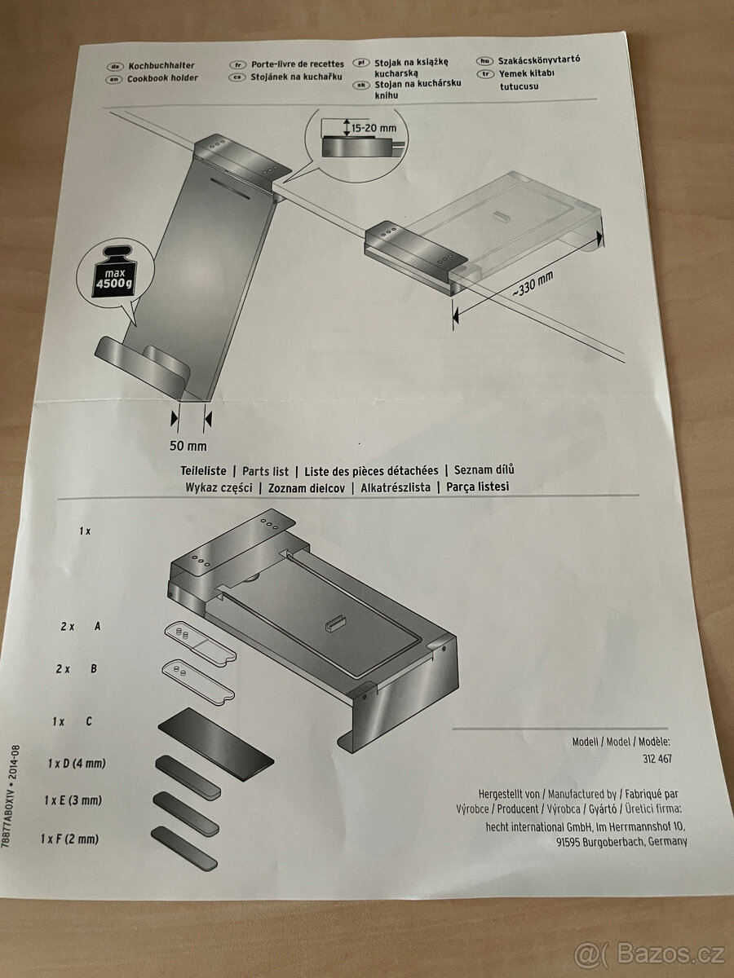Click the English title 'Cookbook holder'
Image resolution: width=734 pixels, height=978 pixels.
[162, 79]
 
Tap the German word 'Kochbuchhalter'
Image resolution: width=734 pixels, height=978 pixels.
[161, 65]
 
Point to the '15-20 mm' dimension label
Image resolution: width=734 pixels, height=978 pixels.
[374, 128]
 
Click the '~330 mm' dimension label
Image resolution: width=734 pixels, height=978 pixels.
[533, 284]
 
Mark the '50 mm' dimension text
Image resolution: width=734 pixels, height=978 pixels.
[188, 446]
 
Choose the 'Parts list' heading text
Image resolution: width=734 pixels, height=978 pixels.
[265, 471]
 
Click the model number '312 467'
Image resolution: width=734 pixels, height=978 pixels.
[657, 758]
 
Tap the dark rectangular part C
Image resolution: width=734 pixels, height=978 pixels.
[215, 745]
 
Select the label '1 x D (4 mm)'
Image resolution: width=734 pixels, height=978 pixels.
[77, 763]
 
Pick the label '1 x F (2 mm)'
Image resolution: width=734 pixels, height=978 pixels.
[69, 839]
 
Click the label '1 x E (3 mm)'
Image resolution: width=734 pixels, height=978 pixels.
[73, 800]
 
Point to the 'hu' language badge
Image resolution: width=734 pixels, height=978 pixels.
[485, 61]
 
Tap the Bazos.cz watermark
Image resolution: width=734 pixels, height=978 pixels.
[649, 953]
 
